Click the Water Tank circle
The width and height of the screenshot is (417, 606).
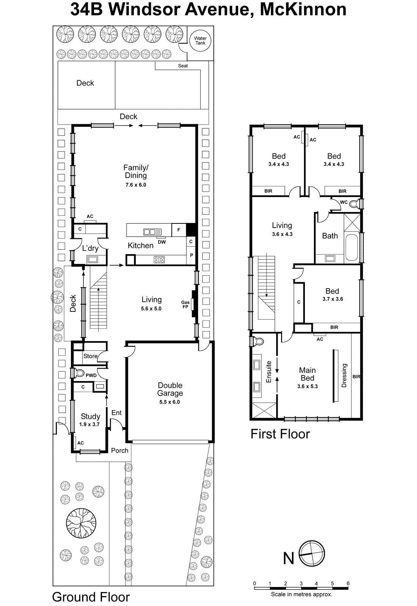pyautogui.click(x=200, y=41)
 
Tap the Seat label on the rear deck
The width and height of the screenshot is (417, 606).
pyautogui.click(x=183, y=66)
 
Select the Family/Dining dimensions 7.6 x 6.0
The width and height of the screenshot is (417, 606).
pyautogui.click(x=136, y=185)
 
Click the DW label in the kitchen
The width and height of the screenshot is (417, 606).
pyautogui.click(x=162, y=242)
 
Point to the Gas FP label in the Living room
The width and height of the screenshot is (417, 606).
pyautogui.click(x=185, y=305)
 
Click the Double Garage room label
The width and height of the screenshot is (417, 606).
pyautogui.click(x=170, y=389)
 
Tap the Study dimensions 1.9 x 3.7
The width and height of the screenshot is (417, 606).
pyautogui.click(x=89, y=425)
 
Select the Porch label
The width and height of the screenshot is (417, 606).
pyautogui.click(x=120, y=450)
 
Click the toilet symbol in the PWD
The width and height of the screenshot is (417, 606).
pyautogui.click(x=80, y=373)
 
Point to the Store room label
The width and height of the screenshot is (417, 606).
pyautogui.click(x=90, y=356)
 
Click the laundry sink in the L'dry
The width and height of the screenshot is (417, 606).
pyautogui.click(x=92, y=259)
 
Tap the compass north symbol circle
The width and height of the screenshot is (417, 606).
pyautogui.click(x=312, y=554)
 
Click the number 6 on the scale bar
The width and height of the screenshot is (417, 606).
pyautogui.click(x=348, y=583)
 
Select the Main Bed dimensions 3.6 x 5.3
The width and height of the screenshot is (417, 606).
pyautogui.click(x=307, y=386)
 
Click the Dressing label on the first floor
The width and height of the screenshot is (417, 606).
pyautogui.click(x=344, y=375)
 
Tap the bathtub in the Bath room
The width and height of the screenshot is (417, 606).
pyautogui.click(x=351, y=248)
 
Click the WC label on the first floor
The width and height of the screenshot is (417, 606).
pyautogui.click(x=344, y=202)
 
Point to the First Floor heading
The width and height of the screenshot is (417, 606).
pyautogui.click(x=280, y=434)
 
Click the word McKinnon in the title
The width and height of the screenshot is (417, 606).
pyautogui.click(x=303, y=9)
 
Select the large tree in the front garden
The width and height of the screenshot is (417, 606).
pyautogui.click(x=81, y=523)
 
